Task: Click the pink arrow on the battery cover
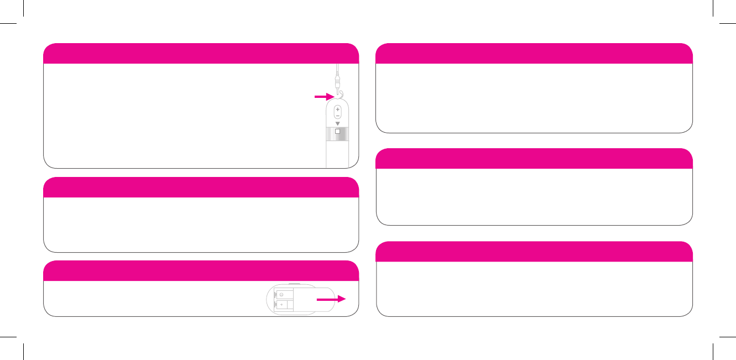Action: (331, 299)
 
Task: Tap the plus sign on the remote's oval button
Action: (337, 109)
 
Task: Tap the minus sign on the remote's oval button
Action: (337, 116)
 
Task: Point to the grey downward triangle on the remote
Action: (337, 123)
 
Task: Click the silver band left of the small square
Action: (330, 133)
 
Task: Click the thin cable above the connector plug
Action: (336, 69)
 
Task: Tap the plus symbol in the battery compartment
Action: (281, 305)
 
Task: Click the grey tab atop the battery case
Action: (294, 284)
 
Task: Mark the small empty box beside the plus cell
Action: (290, 305)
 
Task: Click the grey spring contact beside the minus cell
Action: (275, 294)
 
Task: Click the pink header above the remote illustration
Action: (201, 54)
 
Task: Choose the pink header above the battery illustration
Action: (201, 271)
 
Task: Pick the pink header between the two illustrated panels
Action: (201, 187)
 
